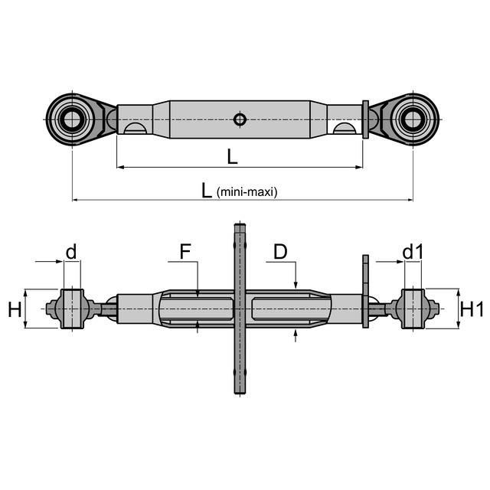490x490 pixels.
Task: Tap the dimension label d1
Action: (413, 251)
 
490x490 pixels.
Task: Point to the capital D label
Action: (280, 251)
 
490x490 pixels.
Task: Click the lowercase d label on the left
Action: (70, 251)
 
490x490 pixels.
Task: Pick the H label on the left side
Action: (15, 309)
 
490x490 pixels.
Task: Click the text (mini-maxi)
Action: (247, 192)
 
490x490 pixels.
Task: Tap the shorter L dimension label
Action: (232, 156)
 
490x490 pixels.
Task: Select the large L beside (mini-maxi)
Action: (207, 191)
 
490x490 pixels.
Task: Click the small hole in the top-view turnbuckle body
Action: (240, 119)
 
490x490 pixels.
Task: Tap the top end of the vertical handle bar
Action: (240, 228)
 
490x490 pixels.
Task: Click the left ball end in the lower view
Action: (72, 309)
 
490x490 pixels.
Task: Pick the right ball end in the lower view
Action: (413, 309)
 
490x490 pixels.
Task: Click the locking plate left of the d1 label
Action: (365, 291)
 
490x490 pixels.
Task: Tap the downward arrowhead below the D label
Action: (296, 286)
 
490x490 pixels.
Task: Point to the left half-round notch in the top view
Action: (135, 129)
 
